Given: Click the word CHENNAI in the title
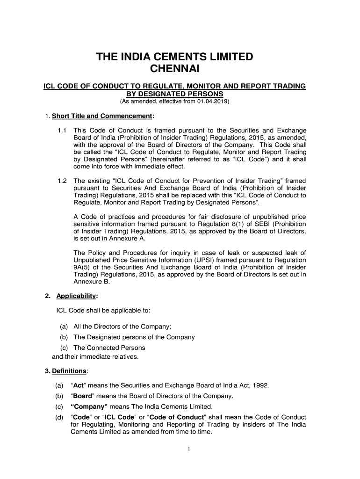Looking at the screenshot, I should tap(174, 69).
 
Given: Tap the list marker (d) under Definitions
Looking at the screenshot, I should tap(59, 417).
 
